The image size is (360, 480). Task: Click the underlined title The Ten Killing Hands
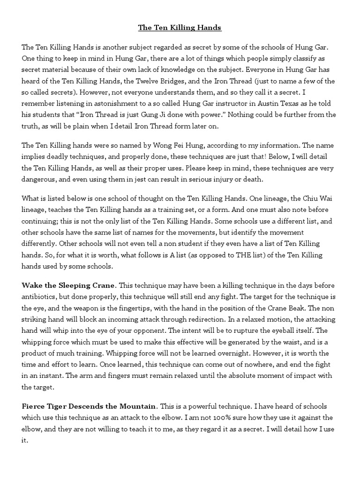180,28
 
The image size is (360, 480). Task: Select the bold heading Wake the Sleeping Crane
69,285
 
